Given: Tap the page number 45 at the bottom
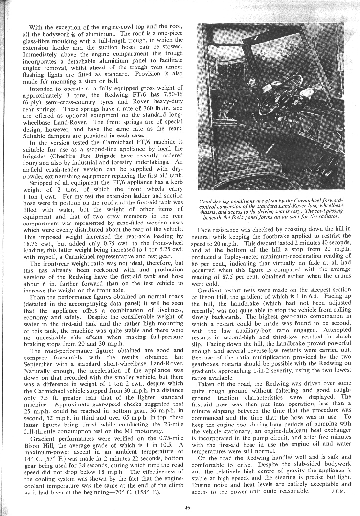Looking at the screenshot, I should tap(187, 507).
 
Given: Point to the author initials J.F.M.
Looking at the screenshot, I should tap(338, 491).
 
